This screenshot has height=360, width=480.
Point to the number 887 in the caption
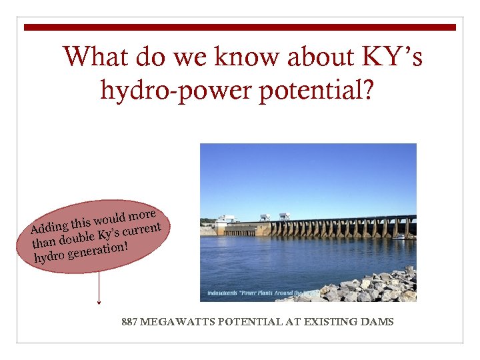tap(130, 322)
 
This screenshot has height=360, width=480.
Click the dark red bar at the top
tap(240, 27)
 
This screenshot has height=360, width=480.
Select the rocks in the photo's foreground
tap(373, 287)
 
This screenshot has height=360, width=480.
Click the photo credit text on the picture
tap(260, 293)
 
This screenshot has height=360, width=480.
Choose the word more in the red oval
tap(142, 215)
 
